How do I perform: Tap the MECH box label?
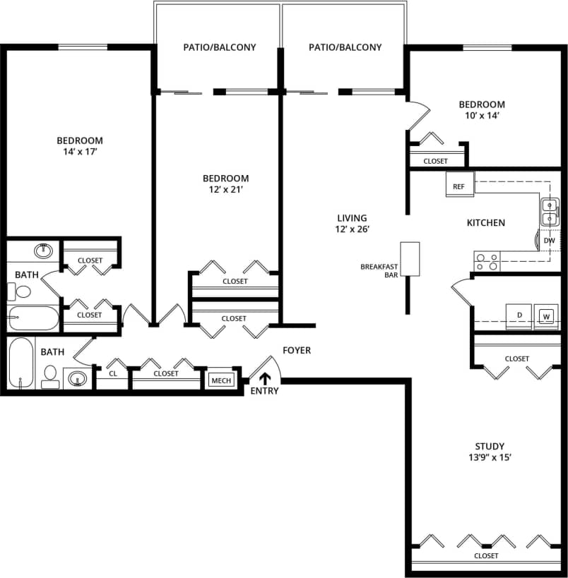point(221,381)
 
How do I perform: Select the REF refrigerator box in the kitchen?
point(459,186)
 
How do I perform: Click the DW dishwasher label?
point(549,241)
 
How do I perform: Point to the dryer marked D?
point(519,315)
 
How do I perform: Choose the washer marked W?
point(546,316)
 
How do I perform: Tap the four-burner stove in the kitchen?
point(486,262)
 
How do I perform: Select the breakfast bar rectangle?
point(410,259)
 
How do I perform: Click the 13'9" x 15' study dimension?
point(490,457)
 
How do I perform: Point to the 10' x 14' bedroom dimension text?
point(483,116)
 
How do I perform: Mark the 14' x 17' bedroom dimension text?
point(80,152)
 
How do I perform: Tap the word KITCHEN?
point(485,223)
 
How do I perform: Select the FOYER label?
point(296,350)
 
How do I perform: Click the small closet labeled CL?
point(113,374)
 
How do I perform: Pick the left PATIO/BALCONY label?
point(219,47)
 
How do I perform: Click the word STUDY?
point(490,446)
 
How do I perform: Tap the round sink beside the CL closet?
point(77,378)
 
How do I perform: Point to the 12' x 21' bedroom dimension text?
point(225,189)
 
